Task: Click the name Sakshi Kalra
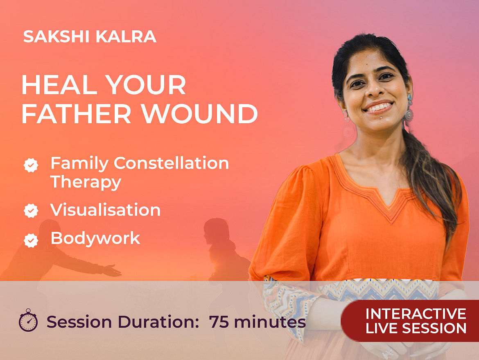pos(90,36)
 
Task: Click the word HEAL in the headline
pos(60,85)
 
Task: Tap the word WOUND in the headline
pos(199,113)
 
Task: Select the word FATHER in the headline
pos(77,113)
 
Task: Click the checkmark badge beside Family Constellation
pos(31,165)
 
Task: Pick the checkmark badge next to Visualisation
pos(31,211)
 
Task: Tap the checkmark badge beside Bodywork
pos(31,240)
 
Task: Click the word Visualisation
pos(105,210)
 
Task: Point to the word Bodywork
pos(95,238)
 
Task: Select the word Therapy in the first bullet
pos(86,182)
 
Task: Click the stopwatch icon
pos(28,320)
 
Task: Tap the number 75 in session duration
pos(219,322)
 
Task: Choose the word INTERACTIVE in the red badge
pos(416,314)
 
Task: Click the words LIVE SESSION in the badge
pos(416,328)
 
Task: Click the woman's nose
pos(375,88)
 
